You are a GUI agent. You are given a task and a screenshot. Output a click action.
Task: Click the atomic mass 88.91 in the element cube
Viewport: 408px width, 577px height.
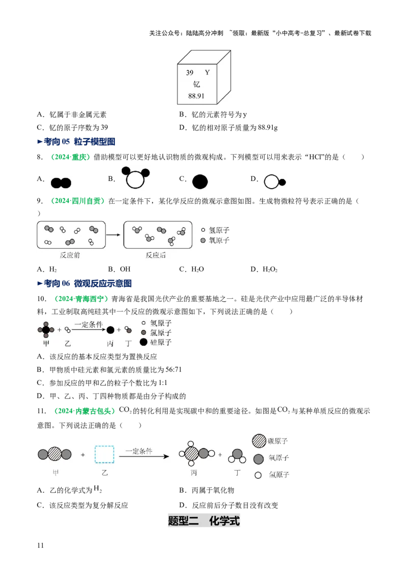tap(196, 96)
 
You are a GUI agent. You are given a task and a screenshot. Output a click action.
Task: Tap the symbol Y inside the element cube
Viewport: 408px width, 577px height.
tap(207, 72)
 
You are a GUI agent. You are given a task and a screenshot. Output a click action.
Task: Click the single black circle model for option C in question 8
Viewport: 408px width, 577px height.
tap(200, 181)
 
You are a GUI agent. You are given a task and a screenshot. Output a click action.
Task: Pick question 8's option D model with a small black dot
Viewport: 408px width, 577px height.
tap(275, 182)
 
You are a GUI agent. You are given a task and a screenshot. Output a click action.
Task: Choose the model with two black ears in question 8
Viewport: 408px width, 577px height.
tap(136, 177)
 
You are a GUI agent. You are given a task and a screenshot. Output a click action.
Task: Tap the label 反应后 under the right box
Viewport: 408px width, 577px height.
tap(156, 255)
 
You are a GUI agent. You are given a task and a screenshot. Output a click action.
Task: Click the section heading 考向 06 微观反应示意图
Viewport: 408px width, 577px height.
tap(84, 283)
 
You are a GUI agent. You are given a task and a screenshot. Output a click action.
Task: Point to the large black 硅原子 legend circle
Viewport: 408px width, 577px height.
tap(144, 342)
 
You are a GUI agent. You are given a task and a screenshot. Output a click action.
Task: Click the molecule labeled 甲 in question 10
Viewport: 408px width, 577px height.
tap(46, 330)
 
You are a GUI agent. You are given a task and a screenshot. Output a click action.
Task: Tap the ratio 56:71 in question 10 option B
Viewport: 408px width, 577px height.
tap(173, 370)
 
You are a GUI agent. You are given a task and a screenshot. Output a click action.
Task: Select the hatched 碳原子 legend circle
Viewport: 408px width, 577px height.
tap(259, 441)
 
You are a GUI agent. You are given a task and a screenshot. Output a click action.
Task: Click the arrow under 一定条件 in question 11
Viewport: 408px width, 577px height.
tap(144, 457)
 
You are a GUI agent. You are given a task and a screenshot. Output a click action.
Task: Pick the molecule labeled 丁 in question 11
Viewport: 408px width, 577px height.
tap(237, 457)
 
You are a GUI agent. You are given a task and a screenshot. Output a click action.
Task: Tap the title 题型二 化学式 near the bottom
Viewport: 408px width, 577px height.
tap(204, 521)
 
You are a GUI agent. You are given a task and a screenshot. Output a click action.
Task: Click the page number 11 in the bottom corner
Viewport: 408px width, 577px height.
tap(40, 545)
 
